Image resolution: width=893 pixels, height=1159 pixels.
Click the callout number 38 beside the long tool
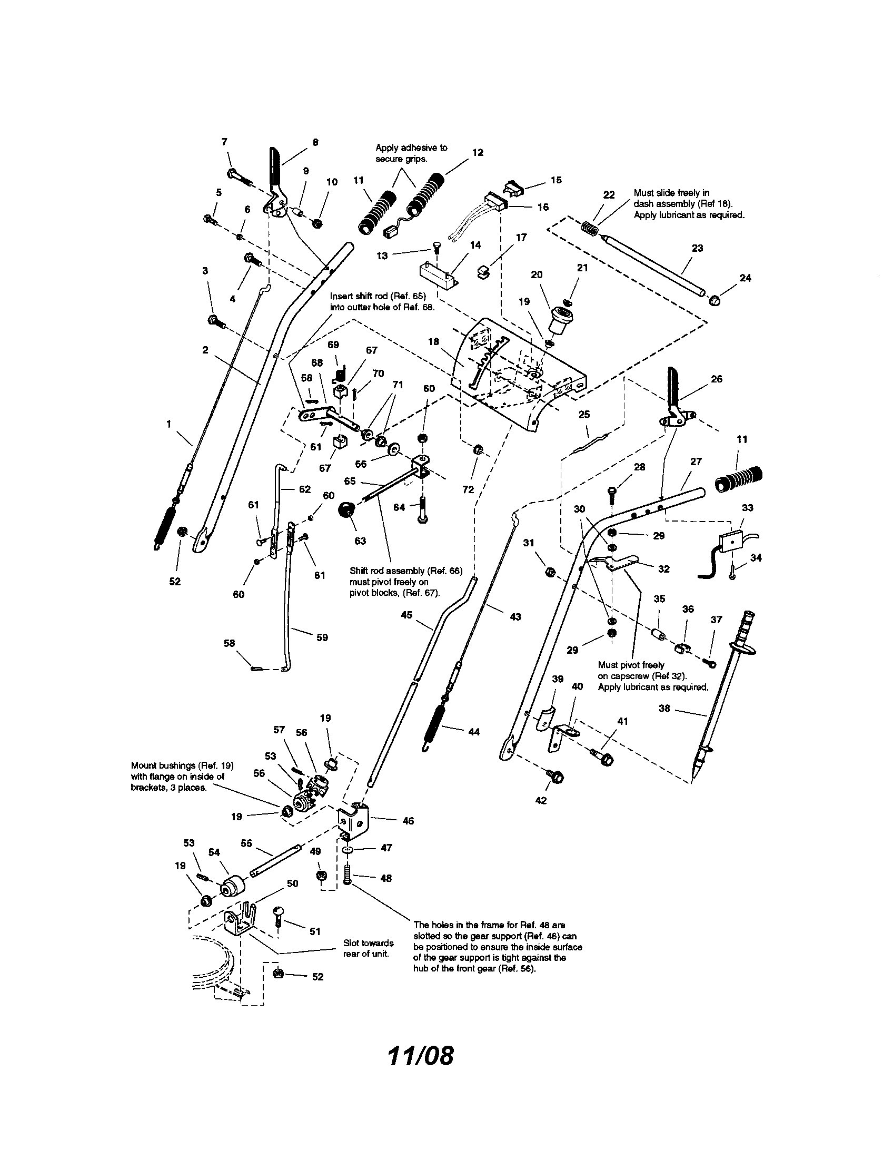[x=664, y=708]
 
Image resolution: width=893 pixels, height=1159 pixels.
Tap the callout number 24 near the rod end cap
[x=745, y=278]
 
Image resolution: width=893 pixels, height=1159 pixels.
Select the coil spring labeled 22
[x=590, y=229]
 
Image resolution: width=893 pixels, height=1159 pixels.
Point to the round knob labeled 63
[x=346, y=510]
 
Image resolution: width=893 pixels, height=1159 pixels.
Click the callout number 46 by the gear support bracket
[x=408, y=821]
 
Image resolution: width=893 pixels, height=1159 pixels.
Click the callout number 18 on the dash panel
[x=433, y=342]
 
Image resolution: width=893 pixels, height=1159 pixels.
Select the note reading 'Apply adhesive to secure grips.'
[x=411, y=153]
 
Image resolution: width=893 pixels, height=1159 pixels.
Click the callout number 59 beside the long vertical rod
[x=322, y=637]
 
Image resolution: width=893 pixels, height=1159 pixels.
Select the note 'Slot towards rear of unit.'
[x=368, y=948]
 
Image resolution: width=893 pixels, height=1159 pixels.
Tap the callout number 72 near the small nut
[x=468, y=489]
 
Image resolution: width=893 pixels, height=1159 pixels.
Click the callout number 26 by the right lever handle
[x=716, y=379]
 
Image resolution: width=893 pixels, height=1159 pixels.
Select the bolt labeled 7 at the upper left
[x=240, y=176]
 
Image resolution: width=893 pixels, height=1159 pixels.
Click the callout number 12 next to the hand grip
[x=477, y=152]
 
